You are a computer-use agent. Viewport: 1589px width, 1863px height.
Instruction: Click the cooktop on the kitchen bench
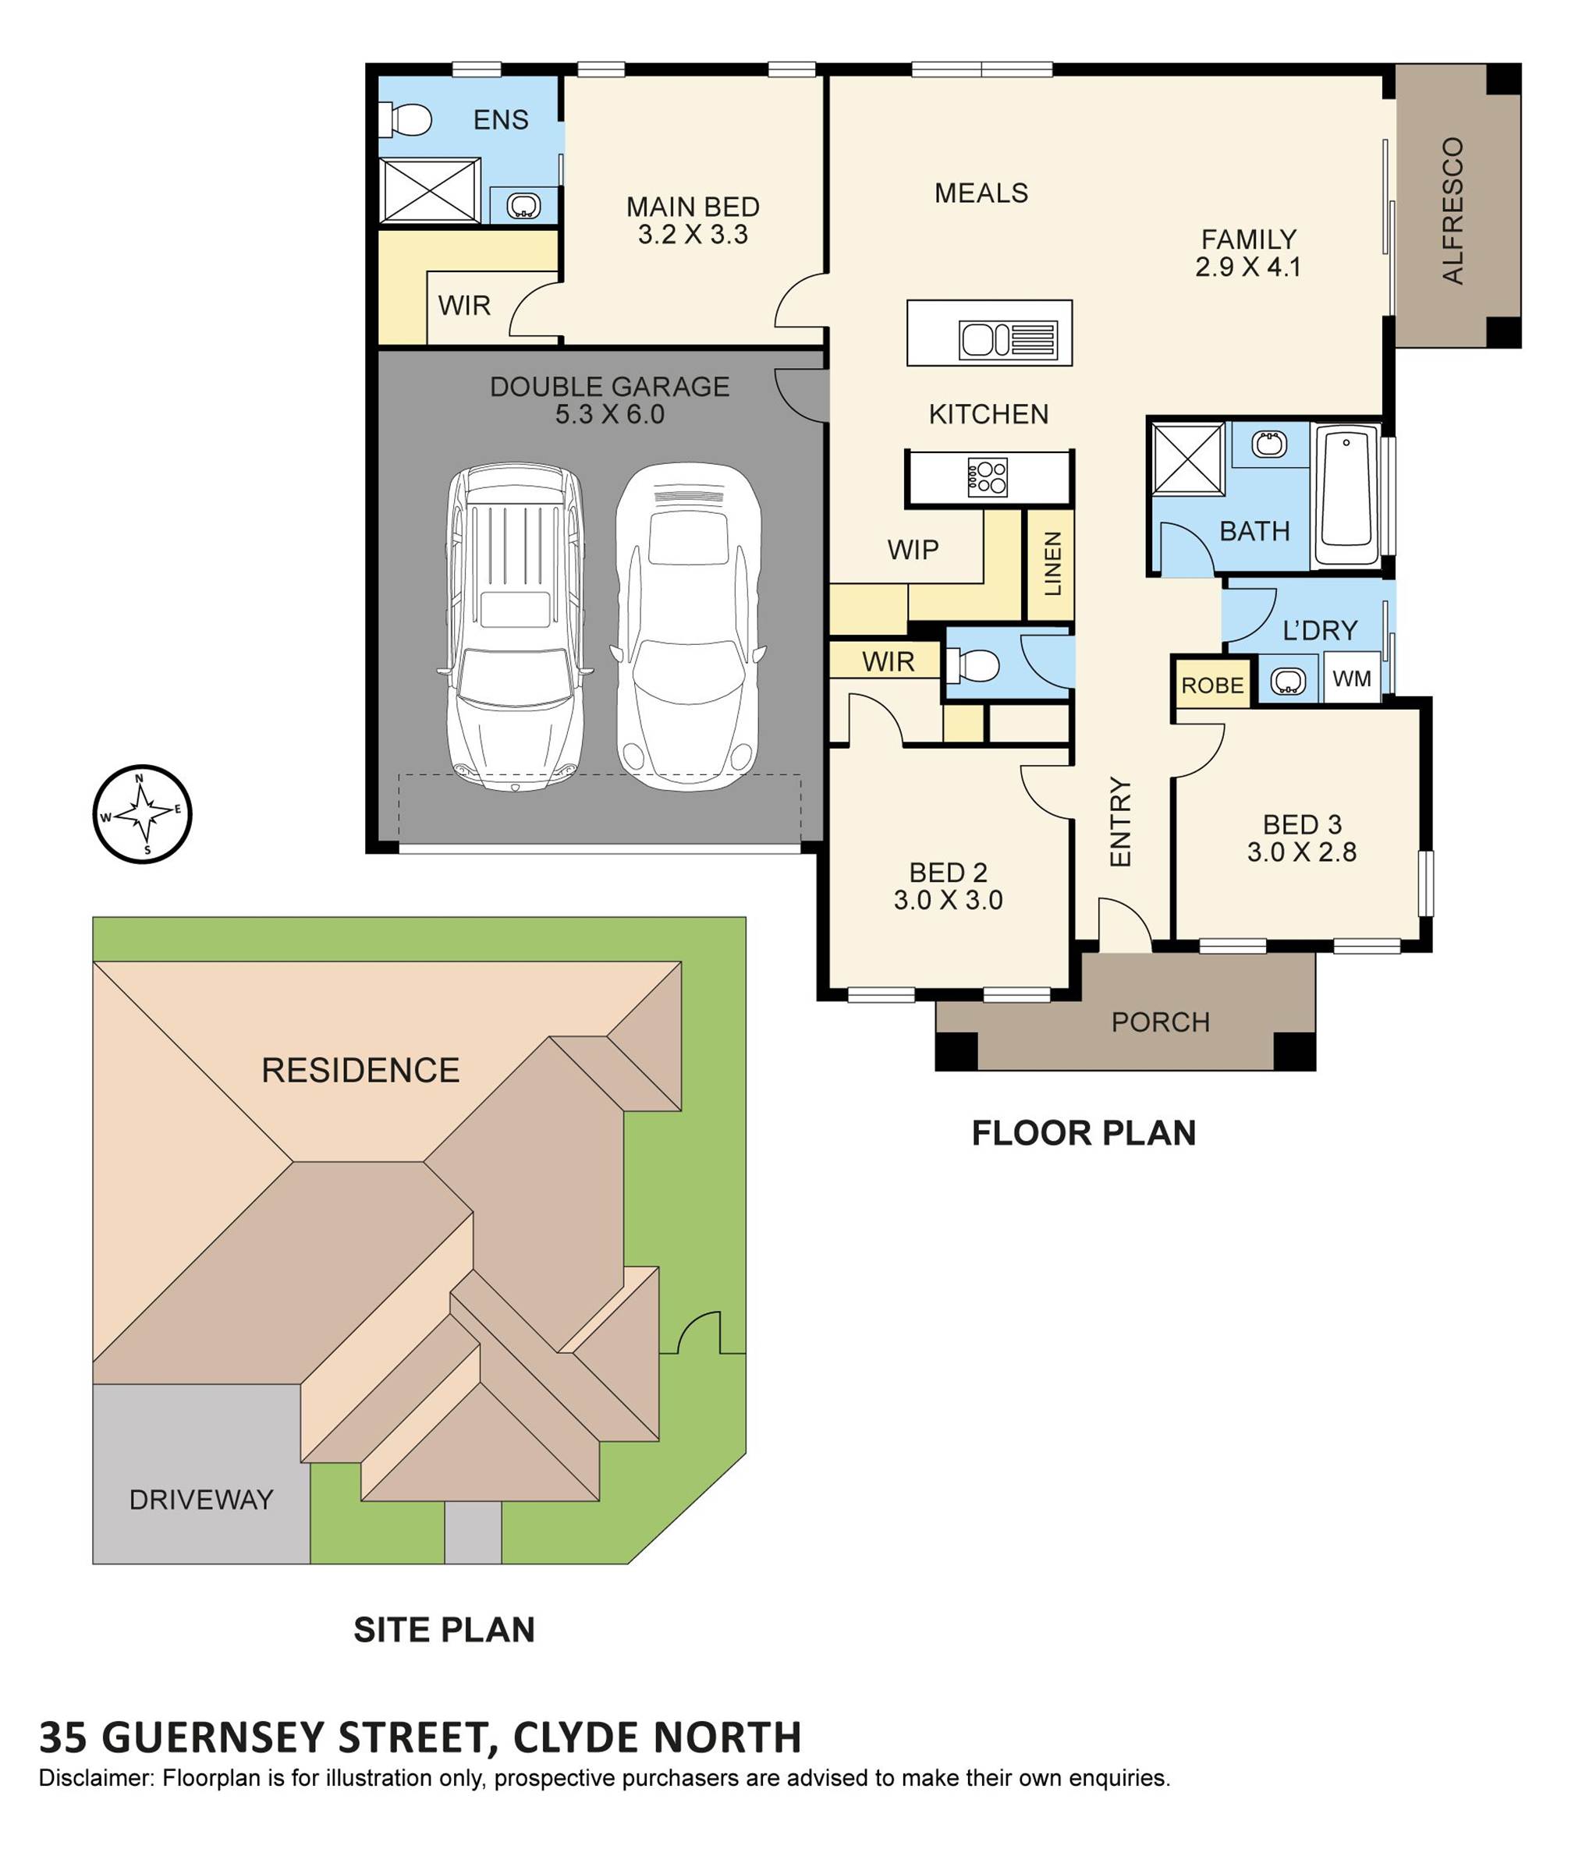coord(987,477)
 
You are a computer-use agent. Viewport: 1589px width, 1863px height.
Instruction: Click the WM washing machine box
coord(1352,678)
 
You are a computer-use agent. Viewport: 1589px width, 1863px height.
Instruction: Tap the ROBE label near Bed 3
coord(1212,685)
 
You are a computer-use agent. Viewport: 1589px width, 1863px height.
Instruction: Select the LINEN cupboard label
coord(1052,564)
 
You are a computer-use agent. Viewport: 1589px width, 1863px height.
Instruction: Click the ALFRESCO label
coord(1452,211)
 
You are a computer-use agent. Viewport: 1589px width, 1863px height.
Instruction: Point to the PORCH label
coord(1160,1022)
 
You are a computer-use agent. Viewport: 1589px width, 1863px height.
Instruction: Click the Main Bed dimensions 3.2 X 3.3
coord(693,235)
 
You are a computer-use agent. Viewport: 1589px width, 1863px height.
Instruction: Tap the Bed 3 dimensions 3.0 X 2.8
coord(1301,852)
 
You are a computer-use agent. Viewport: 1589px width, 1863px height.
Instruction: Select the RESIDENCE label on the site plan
coord(360,1070)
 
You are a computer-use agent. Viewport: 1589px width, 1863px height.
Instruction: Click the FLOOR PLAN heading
coord(1084,1133)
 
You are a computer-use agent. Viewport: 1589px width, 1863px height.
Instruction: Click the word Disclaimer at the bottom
coord(96,1777)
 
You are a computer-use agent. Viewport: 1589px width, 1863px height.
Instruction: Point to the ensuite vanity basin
coord(523,206)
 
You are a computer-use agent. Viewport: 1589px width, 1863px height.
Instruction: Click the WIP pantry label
coord(913,549)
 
